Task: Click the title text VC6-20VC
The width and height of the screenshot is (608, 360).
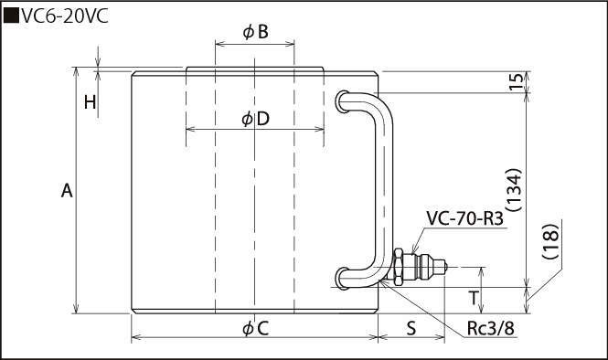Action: click(65, 16)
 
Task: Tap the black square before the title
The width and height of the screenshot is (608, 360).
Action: click(11, 16)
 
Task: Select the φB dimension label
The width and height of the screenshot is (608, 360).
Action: click(255, 32)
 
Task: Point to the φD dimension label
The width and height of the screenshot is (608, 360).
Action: click(255, 119)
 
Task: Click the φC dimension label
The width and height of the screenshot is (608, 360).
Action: click(255, 329)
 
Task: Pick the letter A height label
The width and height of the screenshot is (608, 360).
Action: click(67, 191)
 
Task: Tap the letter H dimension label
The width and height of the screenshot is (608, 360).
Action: click(91, 102)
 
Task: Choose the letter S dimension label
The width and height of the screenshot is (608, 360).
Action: click(411, 329)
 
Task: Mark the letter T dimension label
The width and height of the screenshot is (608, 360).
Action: click(474, 299)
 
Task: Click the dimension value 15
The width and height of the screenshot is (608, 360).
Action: click(516, 81)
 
